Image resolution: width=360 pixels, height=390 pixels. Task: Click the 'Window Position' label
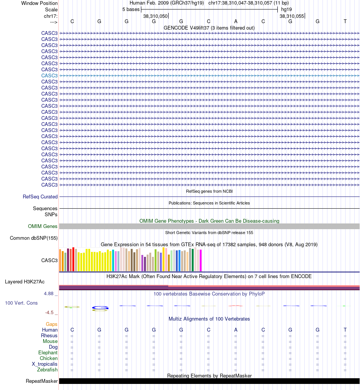(39, 3)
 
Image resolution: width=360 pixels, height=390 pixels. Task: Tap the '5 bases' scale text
(131, 9)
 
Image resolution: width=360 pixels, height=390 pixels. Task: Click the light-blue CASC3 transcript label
(50, 75)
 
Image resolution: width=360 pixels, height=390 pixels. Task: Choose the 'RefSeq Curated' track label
(40, 197)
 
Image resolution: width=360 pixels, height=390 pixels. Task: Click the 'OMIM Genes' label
(43, 226)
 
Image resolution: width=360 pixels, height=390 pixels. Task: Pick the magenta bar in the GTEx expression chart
(201, 260)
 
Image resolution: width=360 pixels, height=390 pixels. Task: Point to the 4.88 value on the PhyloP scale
(49, 294)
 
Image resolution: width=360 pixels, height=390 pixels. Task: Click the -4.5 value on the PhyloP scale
(50, 313)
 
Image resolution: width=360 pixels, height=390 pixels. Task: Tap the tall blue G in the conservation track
(100, 308)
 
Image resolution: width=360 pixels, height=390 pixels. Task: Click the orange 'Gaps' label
(52, 324)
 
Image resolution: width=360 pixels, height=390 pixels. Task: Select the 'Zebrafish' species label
(47, 370)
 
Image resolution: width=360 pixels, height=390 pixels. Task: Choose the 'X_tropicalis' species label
(45, 364)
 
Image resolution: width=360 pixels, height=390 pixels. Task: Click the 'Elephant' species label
(48, 353)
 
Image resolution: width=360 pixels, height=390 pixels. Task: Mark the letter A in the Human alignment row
(236, 330)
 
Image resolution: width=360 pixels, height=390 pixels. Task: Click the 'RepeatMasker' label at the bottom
(42, 381)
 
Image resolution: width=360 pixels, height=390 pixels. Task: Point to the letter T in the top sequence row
(345, 22)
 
